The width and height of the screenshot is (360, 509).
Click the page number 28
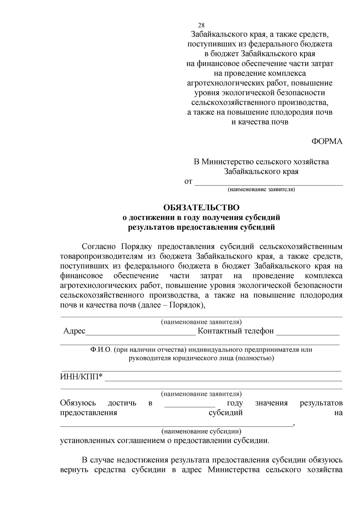201,25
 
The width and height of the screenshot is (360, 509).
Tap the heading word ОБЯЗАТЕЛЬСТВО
201,208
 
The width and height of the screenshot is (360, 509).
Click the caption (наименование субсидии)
201,431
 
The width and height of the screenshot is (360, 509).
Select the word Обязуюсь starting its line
78,403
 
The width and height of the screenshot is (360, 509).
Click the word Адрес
74,331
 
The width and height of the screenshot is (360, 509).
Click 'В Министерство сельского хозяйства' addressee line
261,162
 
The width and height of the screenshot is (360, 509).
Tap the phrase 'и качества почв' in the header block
260,122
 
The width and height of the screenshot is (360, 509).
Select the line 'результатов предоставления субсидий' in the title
201,227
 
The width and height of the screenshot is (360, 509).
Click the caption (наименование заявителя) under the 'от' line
261,190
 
